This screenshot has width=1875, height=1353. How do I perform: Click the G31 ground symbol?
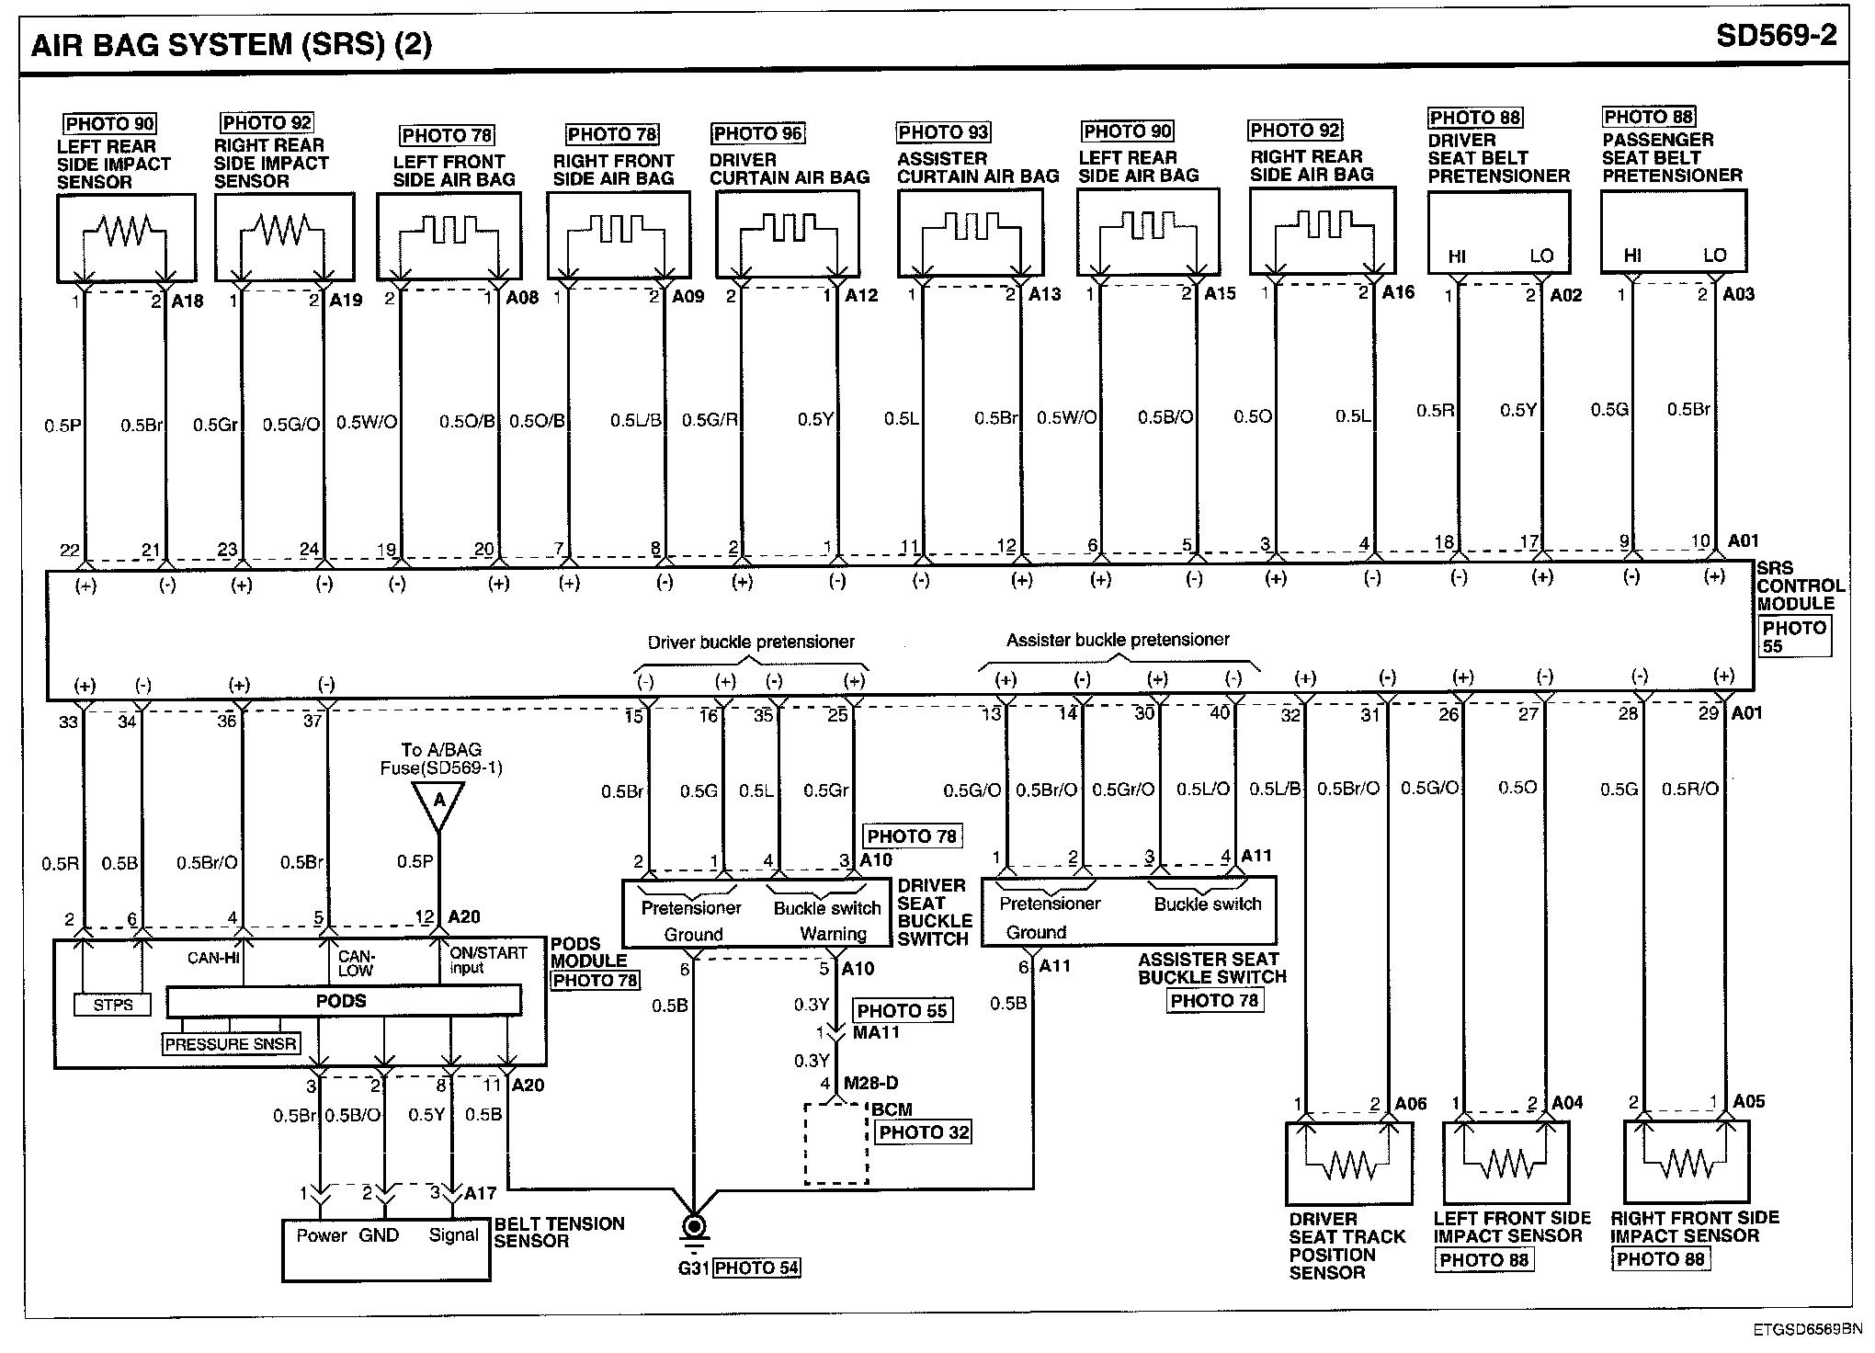coord(694,1227)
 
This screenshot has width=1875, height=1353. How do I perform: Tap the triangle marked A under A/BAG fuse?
coord(439,802)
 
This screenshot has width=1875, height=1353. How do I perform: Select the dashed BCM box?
coord(836,1143)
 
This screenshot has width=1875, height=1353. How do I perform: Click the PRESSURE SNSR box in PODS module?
coord(231,1043)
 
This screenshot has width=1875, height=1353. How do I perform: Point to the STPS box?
coord(113,1005)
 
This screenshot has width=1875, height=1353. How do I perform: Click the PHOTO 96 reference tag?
coord(757,133)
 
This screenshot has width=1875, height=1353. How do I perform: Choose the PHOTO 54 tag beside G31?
coord(756,1268)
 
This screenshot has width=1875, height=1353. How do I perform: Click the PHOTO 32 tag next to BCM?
coord(924,1132)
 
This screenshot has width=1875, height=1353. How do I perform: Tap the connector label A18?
coord(188,301)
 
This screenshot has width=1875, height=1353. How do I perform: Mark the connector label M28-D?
coord(871,1084)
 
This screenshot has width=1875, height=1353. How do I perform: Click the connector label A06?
coord(1411,1104)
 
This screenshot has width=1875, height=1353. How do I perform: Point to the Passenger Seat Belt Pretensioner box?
coord(1673,232)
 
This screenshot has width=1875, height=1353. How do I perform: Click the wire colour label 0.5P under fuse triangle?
coord(415,861)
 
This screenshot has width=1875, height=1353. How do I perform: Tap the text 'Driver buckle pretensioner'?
coord(751,642)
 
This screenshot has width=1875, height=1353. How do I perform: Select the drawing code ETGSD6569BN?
coord(1807,1329)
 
